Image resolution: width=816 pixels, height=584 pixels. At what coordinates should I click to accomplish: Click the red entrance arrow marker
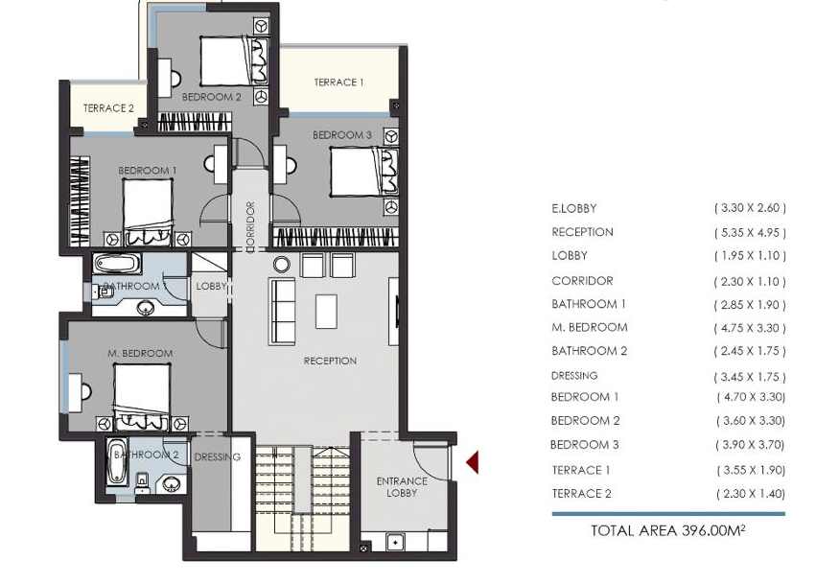(473, 462)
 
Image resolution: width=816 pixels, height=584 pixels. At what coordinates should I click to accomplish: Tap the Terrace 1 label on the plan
(338, 82)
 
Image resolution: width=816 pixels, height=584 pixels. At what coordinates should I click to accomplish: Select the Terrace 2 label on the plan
(108, 108)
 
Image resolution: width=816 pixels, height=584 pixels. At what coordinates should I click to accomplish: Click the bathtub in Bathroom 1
(117, 264)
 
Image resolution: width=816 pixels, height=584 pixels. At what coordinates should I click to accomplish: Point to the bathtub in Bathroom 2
(117, 461)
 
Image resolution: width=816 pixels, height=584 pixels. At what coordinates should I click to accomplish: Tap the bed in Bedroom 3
(364, 173)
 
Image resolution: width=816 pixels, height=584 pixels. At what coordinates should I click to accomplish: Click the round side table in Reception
(282, 265)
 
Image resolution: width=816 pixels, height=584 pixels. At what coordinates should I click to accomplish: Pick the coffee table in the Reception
(326, 312)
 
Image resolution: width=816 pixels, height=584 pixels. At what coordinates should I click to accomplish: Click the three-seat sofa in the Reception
(282, 312)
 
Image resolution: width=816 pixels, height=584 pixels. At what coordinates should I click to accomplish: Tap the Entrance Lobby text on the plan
(402, 487)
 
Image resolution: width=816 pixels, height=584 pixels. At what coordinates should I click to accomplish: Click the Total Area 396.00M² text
(668, 530)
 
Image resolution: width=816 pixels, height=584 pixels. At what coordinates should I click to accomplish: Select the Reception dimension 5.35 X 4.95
(750, 232)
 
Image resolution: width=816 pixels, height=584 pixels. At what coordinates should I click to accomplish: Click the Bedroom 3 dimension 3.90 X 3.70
(751, 445)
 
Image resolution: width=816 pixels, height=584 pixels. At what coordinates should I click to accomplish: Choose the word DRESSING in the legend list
(574, 376)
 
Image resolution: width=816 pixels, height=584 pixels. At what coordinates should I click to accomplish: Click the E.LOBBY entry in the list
(574, 208)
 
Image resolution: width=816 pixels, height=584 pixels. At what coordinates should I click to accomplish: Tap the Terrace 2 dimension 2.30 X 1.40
(751, 494)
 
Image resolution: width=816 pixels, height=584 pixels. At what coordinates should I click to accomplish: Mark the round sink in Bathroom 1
(146, 308)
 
